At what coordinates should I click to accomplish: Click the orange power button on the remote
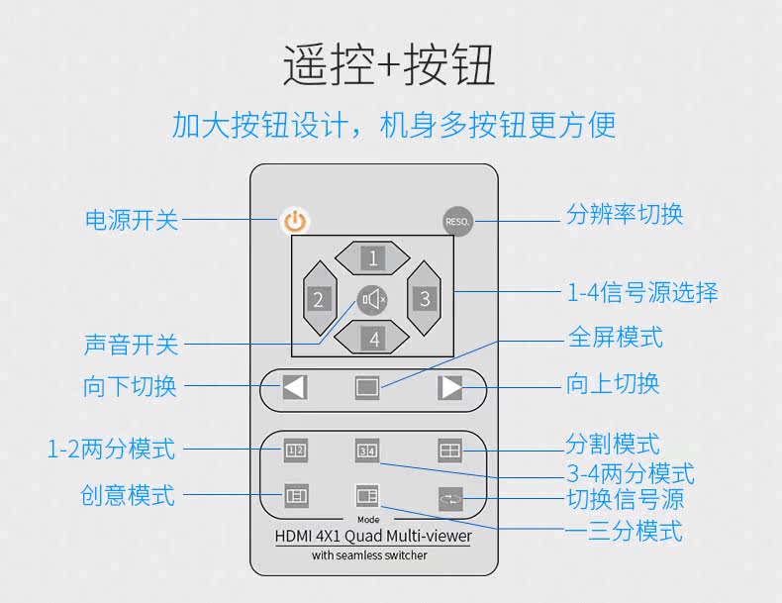pyautogui.click(x=294, y=221)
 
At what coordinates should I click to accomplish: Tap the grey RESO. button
pyautogui.click(x=457, y=221)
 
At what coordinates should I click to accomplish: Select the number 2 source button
pyautogui.click(x=318, y=298)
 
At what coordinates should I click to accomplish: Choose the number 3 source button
pyautogui.click(x=425, y=298)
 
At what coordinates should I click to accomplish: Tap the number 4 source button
pyautogui.click(x=373, y=339)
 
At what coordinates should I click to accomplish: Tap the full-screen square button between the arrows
pyautogui.click(x=367, y=387)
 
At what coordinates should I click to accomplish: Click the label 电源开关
pyautogui.click(x=132, y=219)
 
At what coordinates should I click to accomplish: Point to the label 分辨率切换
pyautogui.click(x=625, y=214)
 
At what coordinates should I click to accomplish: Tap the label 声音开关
pyautogui.click(x=132, y=345)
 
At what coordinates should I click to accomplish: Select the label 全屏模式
pyautogui.click(x=615, y=338)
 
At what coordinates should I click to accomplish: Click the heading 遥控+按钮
pyautogui.click(x=389, y=66)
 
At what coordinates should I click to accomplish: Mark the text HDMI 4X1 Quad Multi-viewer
pyautogui.click(x=372, y=537)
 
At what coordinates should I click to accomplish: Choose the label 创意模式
pyautogui.click(x=128, y=494)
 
